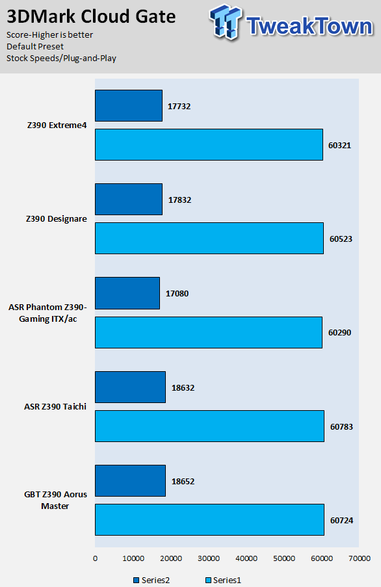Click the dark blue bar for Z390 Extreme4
[x=129, y=105]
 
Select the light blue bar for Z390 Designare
[x=209, y=238]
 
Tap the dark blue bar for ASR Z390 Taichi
[x=130, y=387]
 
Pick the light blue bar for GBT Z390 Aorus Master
[x=209, y=519]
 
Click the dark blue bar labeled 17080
[x=127, y=293]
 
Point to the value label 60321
[x=340, y=145]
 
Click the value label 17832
[x=179, y=200]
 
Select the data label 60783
[x=341, y=427]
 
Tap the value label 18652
[x=183, y=482]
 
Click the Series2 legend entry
[x=151, y=580]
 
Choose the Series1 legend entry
[x=224, y=580]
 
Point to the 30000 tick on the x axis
[x=209, y=558]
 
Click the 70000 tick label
[x=360, y=558]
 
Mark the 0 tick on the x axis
[x=95, y=558]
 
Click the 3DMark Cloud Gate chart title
[x=91, y=16]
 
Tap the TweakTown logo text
[x=310, y=26]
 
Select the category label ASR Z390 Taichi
[x=55, y=406]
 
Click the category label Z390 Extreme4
[x=57, y=125]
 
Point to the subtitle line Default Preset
[x=35, y=46]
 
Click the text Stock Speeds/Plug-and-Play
[x=61, y=59]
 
